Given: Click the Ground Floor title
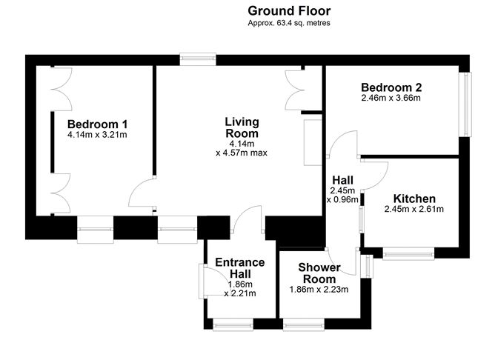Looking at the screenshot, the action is click(289, 11).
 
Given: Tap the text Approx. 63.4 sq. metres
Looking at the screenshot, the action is click(289, 23).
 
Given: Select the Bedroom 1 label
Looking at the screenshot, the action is click(97, 124).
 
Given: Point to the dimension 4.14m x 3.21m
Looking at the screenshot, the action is click(97, 135).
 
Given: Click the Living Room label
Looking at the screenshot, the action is click(242, 127).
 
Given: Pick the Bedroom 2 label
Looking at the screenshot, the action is click(391, 87).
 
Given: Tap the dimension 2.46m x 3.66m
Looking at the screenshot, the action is click(391, 98).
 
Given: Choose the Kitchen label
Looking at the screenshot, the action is click(414, 199).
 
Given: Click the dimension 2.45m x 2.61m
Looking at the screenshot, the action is click(414, 209).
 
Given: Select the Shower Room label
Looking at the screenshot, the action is click(319, 273).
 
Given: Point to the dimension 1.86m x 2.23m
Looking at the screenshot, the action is click(319, 290).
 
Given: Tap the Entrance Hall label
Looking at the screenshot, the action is click(240, 268).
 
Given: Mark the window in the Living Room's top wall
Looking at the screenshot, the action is click(198, 59).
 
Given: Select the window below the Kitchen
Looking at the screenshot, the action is click(408, 253).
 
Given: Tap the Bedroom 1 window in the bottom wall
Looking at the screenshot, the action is click(95, 230).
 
